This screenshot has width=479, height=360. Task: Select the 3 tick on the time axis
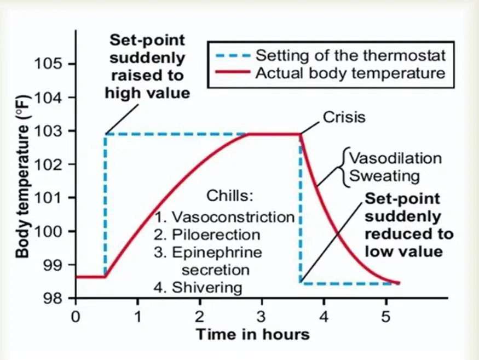point(262,316)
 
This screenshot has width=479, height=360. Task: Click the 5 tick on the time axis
point(386,316)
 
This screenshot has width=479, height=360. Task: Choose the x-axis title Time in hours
point(252,334)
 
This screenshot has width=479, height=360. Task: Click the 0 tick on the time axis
point(76,316)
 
